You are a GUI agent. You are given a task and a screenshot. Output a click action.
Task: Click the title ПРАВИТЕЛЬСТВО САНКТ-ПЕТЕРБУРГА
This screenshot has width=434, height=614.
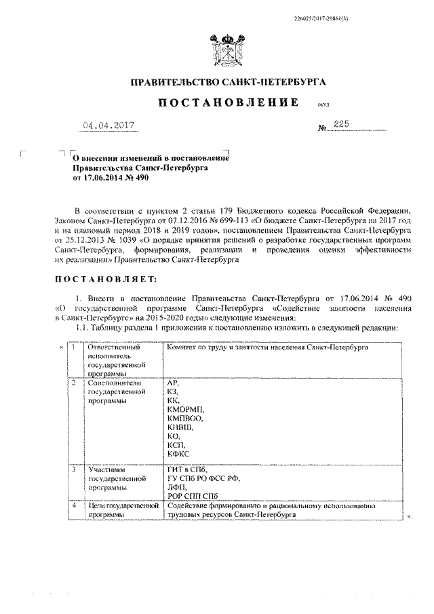pyautogui.click(x=228, y=83)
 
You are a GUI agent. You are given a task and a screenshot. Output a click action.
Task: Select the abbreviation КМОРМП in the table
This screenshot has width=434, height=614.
pyautogui.click(x=184, y=410)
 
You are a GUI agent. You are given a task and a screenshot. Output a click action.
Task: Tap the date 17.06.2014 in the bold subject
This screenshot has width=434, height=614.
pyautogui.click(x=104, y=177)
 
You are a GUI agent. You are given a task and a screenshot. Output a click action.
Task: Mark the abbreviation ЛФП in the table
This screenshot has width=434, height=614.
pyautogui.click(x=176, y=487)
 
